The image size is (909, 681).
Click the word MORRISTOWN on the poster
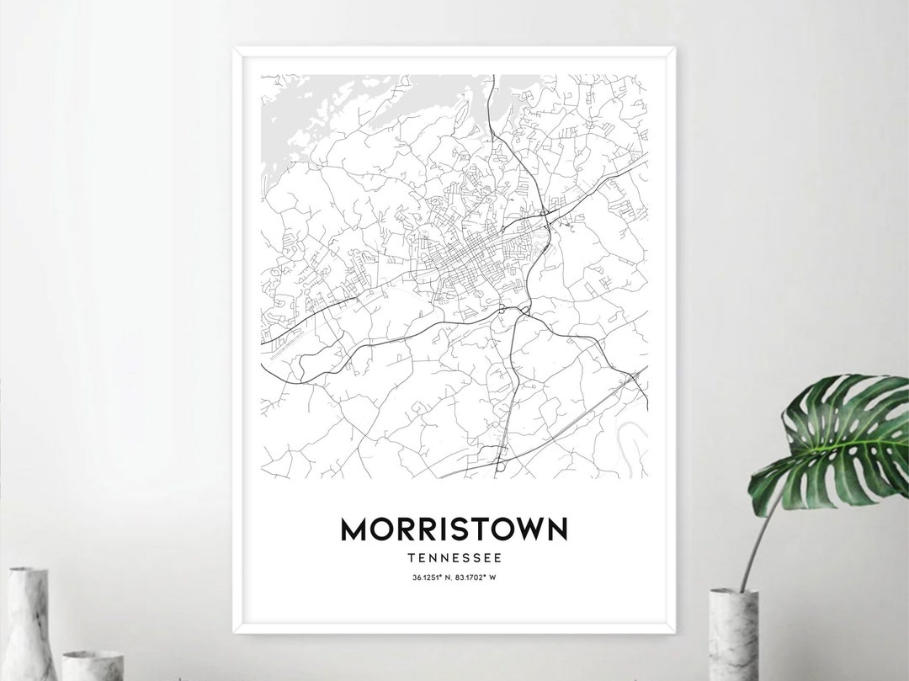(454, 529)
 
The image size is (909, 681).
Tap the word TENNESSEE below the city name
(454, 557)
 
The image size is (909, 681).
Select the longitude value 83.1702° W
(477, 577)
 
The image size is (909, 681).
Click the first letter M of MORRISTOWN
(353, 529)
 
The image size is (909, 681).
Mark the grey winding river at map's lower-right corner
(633, 438)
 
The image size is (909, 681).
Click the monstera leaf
(833, 438)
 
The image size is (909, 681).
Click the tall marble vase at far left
(27, 623)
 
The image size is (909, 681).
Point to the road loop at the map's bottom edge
(500, 462)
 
